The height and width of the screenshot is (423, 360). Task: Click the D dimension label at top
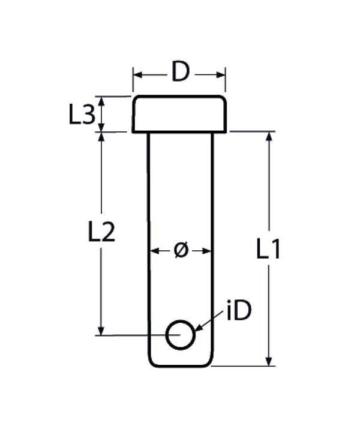181,72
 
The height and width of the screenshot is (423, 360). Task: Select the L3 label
82,115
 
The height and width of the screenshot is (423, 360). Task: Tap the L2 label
101,232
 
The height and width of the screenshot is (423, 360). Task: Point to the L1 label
268,249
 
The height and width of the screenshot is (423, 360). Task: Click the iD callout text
239,311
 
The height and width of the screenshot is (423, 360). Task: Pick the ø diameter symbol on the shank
181,251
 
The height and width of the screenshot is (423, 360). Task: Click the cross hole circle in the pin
180,335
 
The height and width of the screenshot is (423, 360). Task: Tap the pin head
179,114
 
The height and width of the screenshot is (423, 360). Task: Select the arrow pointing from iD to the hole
208,321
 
